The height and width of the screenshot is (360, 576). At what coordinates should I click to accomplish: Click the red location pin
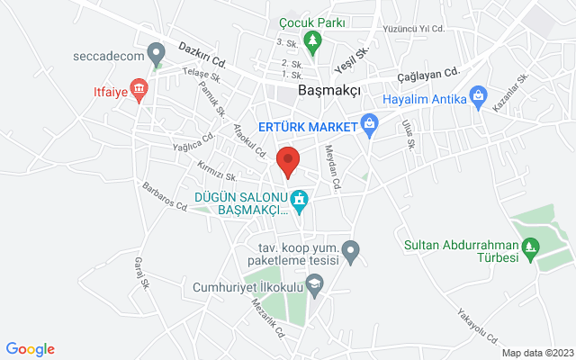287,160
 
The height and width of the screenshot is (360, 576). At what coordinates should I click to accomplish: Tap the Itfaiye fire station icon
139,89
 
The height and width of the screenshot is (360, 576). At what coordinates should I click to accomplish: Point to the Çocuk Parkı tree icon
312,40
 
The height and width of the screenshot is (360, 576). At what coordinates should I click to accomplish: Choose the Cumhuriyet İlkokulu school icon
314,286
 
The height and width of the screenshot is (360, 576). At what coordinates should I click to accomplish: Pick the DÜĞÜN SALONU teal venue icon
300,198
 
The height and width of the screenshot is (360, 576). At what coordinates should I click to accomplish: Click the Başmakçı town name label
329,92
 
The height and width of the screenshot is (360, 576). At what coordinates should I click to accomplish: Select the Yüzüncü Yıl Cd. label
414,29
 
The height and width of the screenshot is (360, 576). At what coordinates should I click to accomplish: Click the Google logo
30,349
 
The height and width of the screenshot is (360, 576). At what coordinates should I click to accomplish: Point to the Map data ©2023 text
536,353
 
